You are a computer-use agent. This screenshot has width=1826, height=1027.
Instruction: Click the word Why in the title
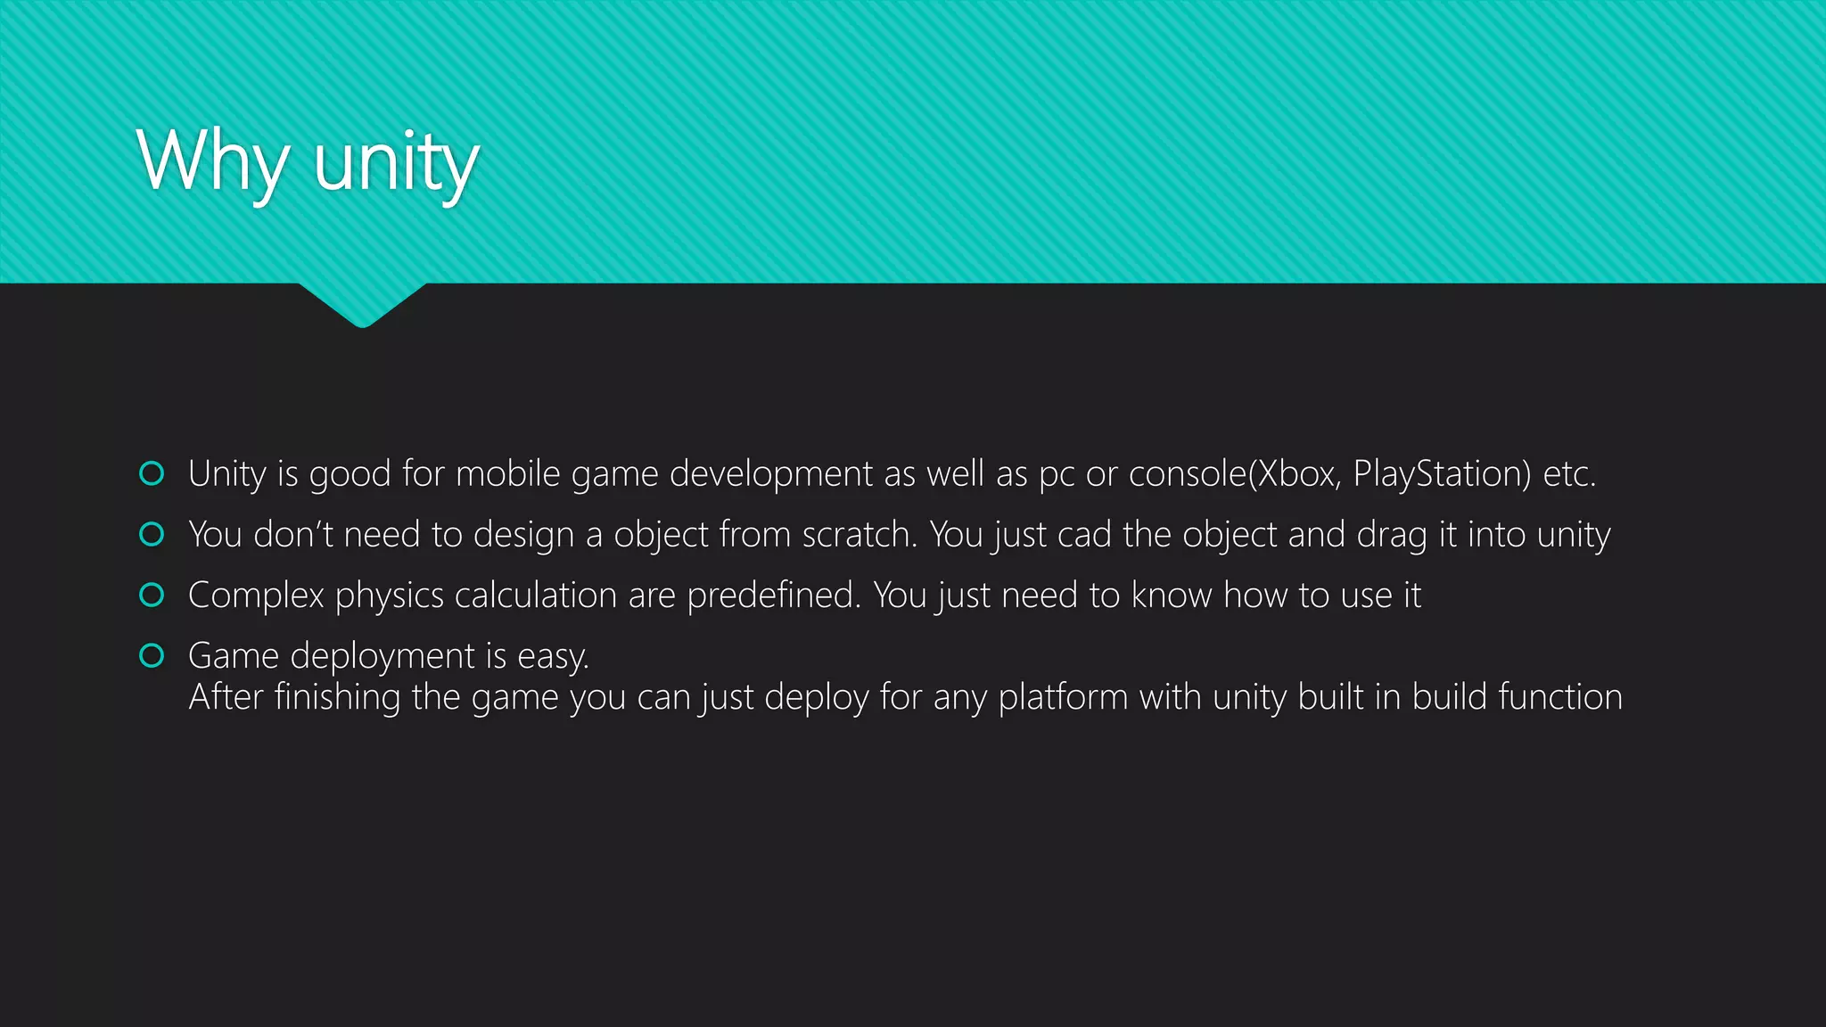coord(212,161)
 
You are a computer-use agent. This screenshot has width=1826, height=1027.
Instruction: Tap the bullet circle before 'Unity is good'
coord(152,473)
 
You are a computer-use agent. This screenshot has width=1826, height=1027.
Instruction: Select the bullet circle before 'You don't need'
coord(152,534)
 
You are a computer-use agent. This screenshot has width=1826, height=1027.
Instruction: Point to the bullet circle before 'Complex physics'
coord(152,595)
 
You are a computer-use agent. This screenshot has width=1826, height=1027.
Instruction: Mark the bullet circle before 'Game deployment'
coord(152,655)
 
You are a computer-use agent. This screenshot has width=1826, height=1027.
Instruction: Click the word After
coord(226,697)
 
